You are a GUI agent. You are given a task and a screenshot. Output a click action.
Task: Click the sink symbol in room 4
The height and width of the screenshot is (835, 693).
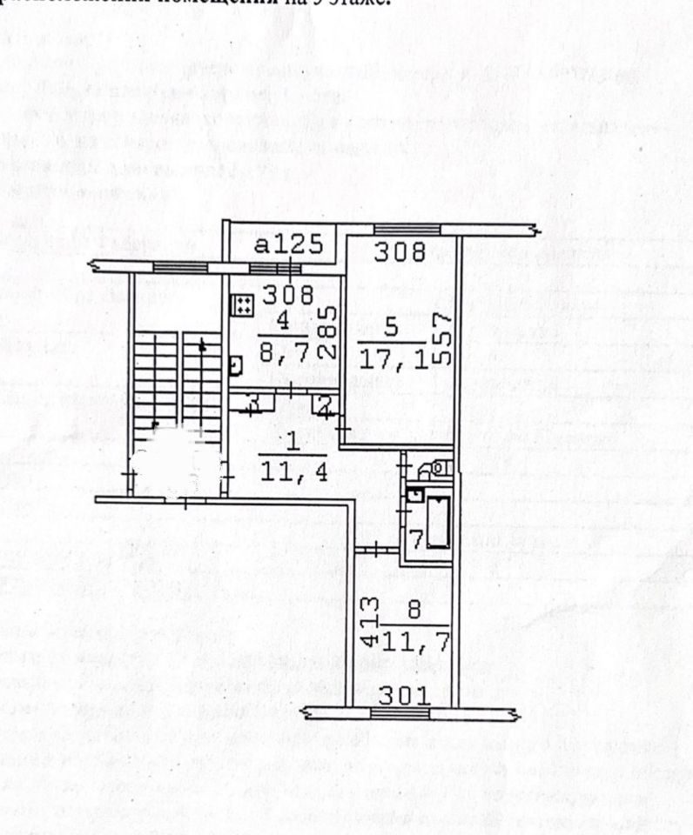tap(235, 366)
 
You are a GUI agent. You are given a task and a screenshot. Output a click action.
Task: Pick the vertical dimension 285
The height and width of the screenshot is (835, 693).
tap(324, 333)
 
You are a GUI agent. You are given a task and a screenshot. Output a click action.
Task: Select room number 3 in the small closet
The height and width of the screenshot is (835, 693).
tap(253, 403)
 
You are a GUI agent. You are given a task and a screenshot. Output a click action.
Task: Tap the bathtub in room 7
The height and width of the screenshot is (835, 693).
tap(436, 520)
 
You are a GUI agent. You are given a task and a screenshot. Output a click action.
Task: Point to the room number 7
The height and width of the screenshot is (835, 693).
tap(417, 540)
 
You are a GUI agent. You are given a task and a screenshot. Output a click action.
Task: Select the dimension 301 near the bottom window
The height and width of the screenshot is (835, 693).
tap(404, 695)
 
